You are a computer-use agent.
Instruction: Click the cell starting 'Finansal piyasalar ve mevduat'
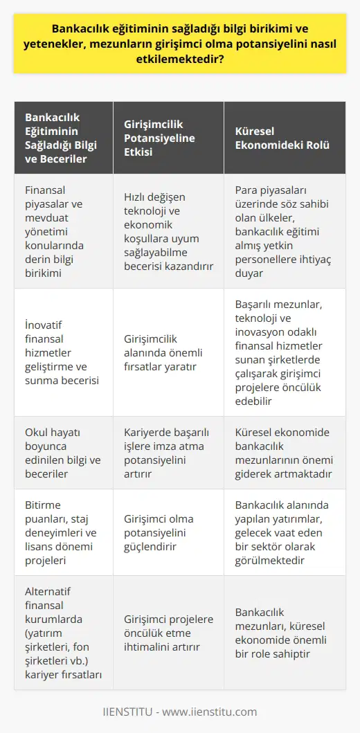pos(60,231)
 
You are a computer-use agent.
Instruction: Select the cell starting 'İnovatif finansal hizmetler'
pos(60,352)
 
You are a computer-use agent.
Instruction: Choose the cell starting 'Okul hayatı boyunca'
pos(60,453)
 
